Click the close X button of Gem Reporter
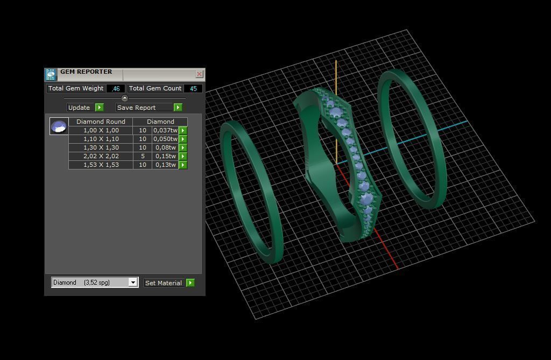pyautogui.click(x=199, y=74)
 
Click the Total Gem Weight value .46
pyautogui.click(x=116, y=88)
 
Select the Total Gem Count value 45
pyautogui.click(x=193, y=88)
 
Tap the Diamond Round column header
pyautogui.click(x=101, y=122)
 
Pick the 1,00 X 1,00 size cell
pyautogui.click(x=101, y=130)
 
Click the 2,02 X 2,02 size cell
pyautogui.click(x=101, y=156)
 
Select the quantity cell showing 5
pyautogui.click(x=143, y=156)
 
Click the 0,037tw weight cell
pyautogui.click(x=165, y=130)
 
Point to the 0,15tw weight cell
pyautogui.click(x=165, y=156)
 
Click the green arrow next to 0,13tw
pyautogui.click(x=183, y=165)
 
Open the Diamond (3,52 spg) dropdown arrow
pyautogui.click(x=133, y=283)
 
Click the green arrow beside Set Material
pyautogui.click(x=190, y=283)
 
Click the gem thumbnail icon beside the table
pyautogui.click(x=59, y=126)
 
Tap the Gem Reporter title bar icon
pyautogui.click(x=51, y=74)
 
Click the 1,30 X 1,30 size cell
pyautogui.click(x=101, y=147)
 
